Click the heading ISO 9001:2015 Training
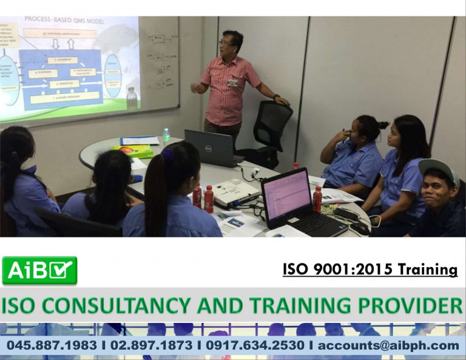pyautogui.click(x=370, y=269)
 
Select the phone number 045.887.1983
pyautogui.click(x=52, y=345)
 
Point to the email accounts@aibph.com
pyautogui.click(x=388, y=345)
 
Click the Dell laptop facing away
pyautogui.click(x=209, y=148)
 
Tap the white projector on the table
pyautogui.click(x=235, y=192)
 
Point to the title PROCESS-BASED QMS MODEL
pyautogui.click(x=64, y=20)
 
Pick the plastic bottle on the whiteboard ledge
pyautogui.click(x=131, y=98)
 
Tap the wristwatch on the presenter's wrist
pyautogui.click(x=276, y=97)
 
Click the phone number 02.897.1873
pyautogui.click(x=152, y=345)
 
